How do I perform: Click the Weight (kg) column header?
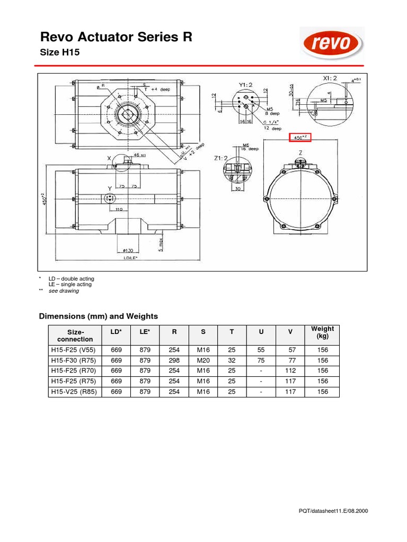coord(322,332)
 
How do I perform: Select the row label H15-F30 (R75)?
coord(72,360)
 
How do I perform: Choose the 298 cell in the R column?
coord(174,360)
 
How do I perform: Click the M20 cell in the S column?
coord(203,360)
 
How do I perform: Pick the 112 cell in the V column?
coord(290,371)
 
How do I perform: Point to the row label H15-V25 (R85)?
coord(72,392)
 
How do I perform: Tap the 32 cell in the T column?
coord(232,360)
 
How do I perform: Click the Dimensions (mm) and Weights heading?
coord(99,316)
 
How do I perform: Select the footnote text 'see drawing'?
coord(64,291)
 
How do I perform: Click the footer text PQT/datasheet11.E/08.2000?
coord(334,511)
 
